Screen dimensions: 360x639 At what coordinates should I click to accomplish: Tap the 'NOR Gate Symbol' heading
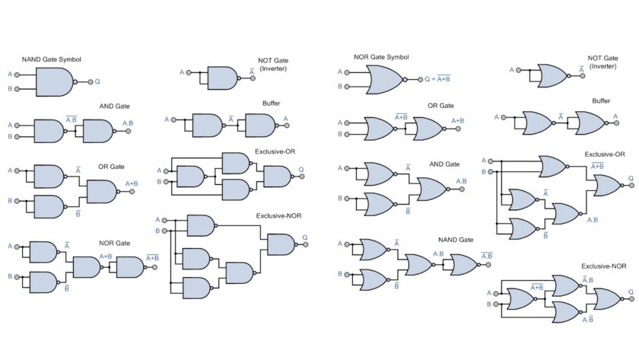(x=382, y=57)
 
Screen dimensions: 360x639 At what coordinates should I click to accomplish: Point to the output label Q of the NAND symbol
(x=97, y=81)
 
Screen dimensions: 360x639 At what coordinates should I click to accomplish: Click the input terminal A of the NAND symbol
(x=17, y=74)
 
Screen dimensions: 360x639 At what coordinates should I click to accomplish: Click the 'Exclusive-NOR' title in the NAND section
(x=278, y=216)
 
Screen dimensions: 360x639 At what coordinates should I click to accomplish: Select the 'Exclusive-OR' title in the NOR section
(x=604, y=155)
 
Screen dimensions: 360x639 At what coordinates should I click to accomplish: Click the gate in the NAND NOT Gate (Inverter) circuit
(x=221, y=78)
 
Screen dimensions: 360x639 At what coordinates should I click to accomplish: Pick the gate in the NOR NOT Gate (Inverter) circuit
(x=552, y=75)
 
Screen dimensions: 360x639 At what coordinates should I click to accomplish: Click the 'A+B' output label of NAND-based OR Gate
(x=131, y=183)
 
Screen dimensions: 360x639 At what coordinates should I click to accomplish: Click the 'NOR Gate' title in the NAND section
(x=114, y=244)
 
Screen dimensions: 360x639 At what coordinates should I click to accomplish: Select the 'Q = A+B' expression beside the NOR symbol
(x=437, y=78)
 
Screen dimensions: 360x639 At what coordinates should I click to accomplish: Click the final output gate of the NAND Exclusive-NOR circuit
(x=281, y=244)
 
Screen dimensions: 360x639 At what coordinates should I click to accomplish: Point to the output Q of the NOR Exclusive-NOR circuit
(x=631, y=291)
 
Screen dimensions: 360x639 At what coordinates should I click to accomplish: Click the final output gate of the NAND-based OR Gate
(x=101, y=192)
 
